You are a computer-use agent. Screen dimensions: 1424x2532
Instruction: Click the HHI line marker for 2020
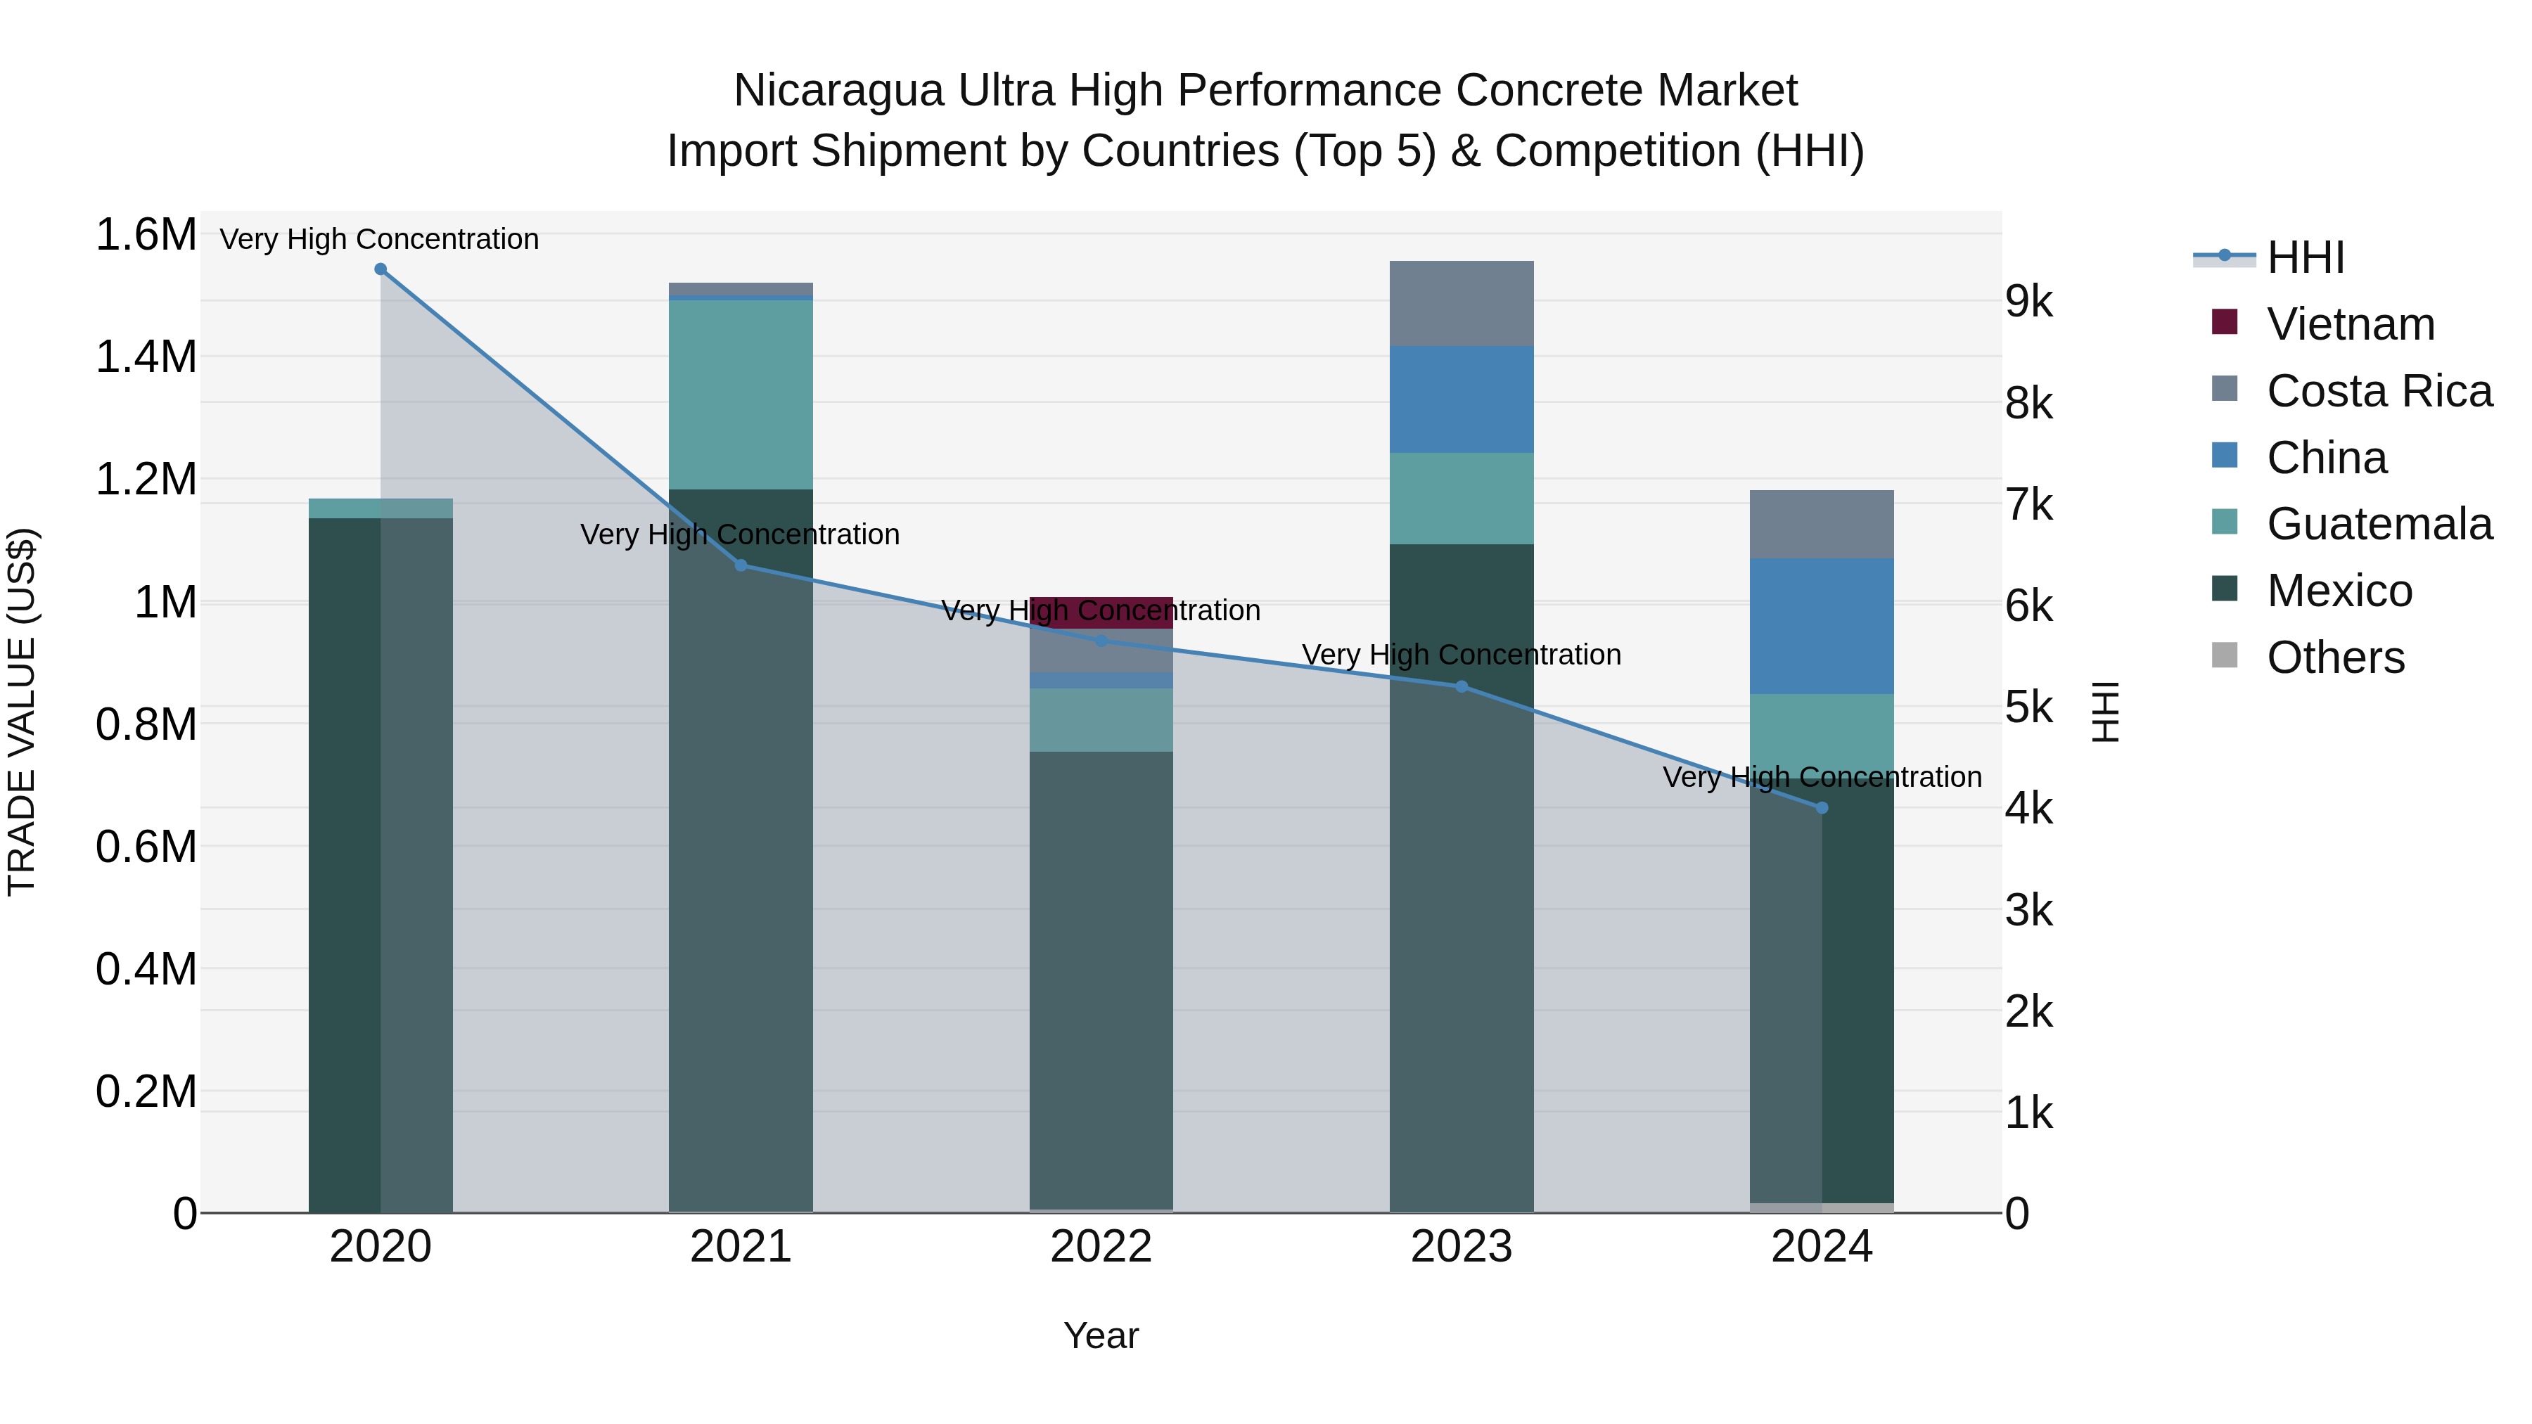(381, 269)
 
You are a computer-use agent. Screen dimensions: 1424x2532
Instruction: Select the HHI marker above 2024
(1822, 808)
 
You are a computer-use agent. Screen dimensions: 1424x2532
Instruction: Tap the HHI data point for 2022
(1101, 641)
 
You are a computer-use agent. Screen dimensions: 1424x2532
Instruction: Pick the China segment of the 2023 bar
(1461, 399)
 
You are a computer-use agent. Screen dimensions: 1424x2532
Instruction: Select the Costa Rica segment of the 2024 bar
(1822, 524)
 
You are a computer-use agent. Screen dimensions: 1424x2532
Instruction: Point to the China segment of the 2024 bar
(1822, 626)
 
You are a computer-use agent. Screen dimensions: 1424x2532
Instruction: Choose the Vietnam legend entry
(2349, 324)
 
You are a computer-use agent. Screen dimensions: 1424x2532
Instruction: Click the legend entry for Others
(2334, 658)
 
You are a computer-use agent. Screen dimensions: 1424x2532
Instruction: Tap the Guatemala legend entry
(2378, 524)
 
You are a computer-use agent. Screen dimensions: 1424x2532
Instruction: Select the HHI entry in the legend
(2305, 257)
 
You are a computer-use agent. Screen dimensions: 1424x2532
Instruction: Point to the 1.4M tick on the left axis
(146, 357)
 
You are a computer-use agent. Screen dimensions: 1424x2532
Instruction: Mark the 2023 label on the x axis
(1461, 1247)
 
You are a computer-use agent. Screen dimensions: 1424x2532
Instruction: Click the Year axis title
(1101, 1335)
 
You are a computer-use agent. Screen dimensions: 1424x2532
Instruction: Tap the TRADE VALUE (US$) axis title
(22, 712)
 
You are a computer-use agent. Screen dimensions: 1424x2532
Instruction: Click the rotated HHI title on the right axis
(2104, 712)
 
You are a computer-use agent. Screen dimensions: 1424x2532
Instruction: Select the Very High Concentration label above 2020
(379, 239)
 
